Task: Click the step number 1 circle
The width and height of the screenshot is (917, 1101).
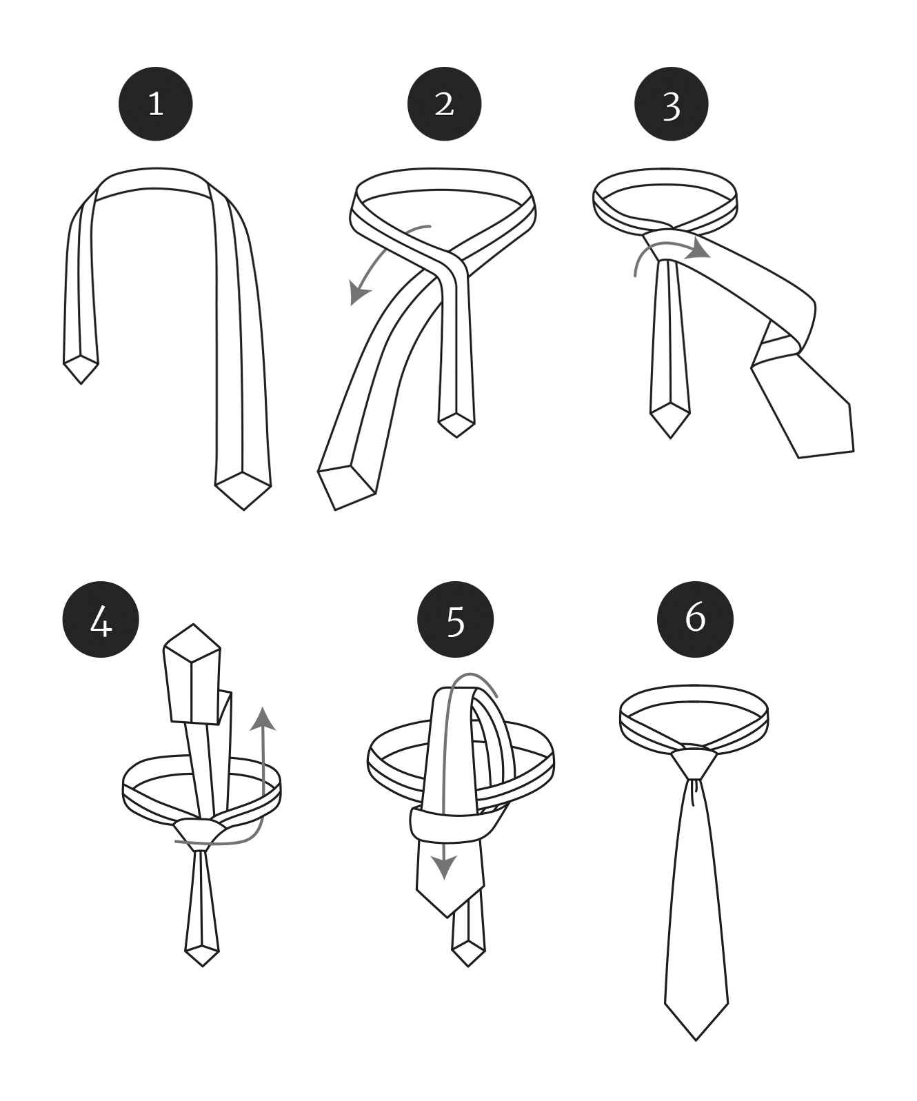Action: [x=156, y=104]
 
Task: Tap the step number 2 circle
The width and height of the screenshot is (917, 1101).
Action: [x=444, y=104]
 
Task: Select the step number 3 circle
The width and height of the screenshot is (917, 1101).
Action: [x=672, y=104]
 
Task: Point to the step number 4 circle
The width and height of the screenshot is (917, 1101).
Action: [x=101, y=620]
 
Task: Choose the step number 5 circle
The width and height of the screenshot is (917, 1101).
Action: [x=456, y=620]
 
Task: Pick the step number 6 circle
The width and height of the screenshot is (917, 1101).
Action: [x=695, y=620]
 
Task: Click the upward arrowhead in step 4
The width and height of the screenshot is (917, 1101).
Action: [x=263, y=719]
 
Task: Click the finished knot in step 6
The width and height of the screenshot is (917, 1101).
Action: [x=694, y=762]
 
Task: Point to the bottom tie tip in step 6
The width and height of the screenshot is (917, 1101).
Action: [x=696, y=1040]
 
